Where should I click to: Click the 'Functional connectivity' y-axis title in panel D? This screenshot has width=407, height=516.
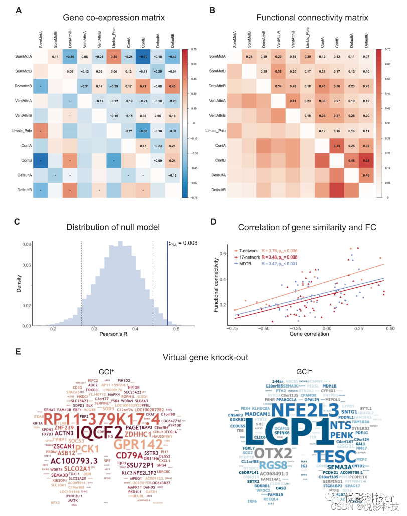216,282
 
